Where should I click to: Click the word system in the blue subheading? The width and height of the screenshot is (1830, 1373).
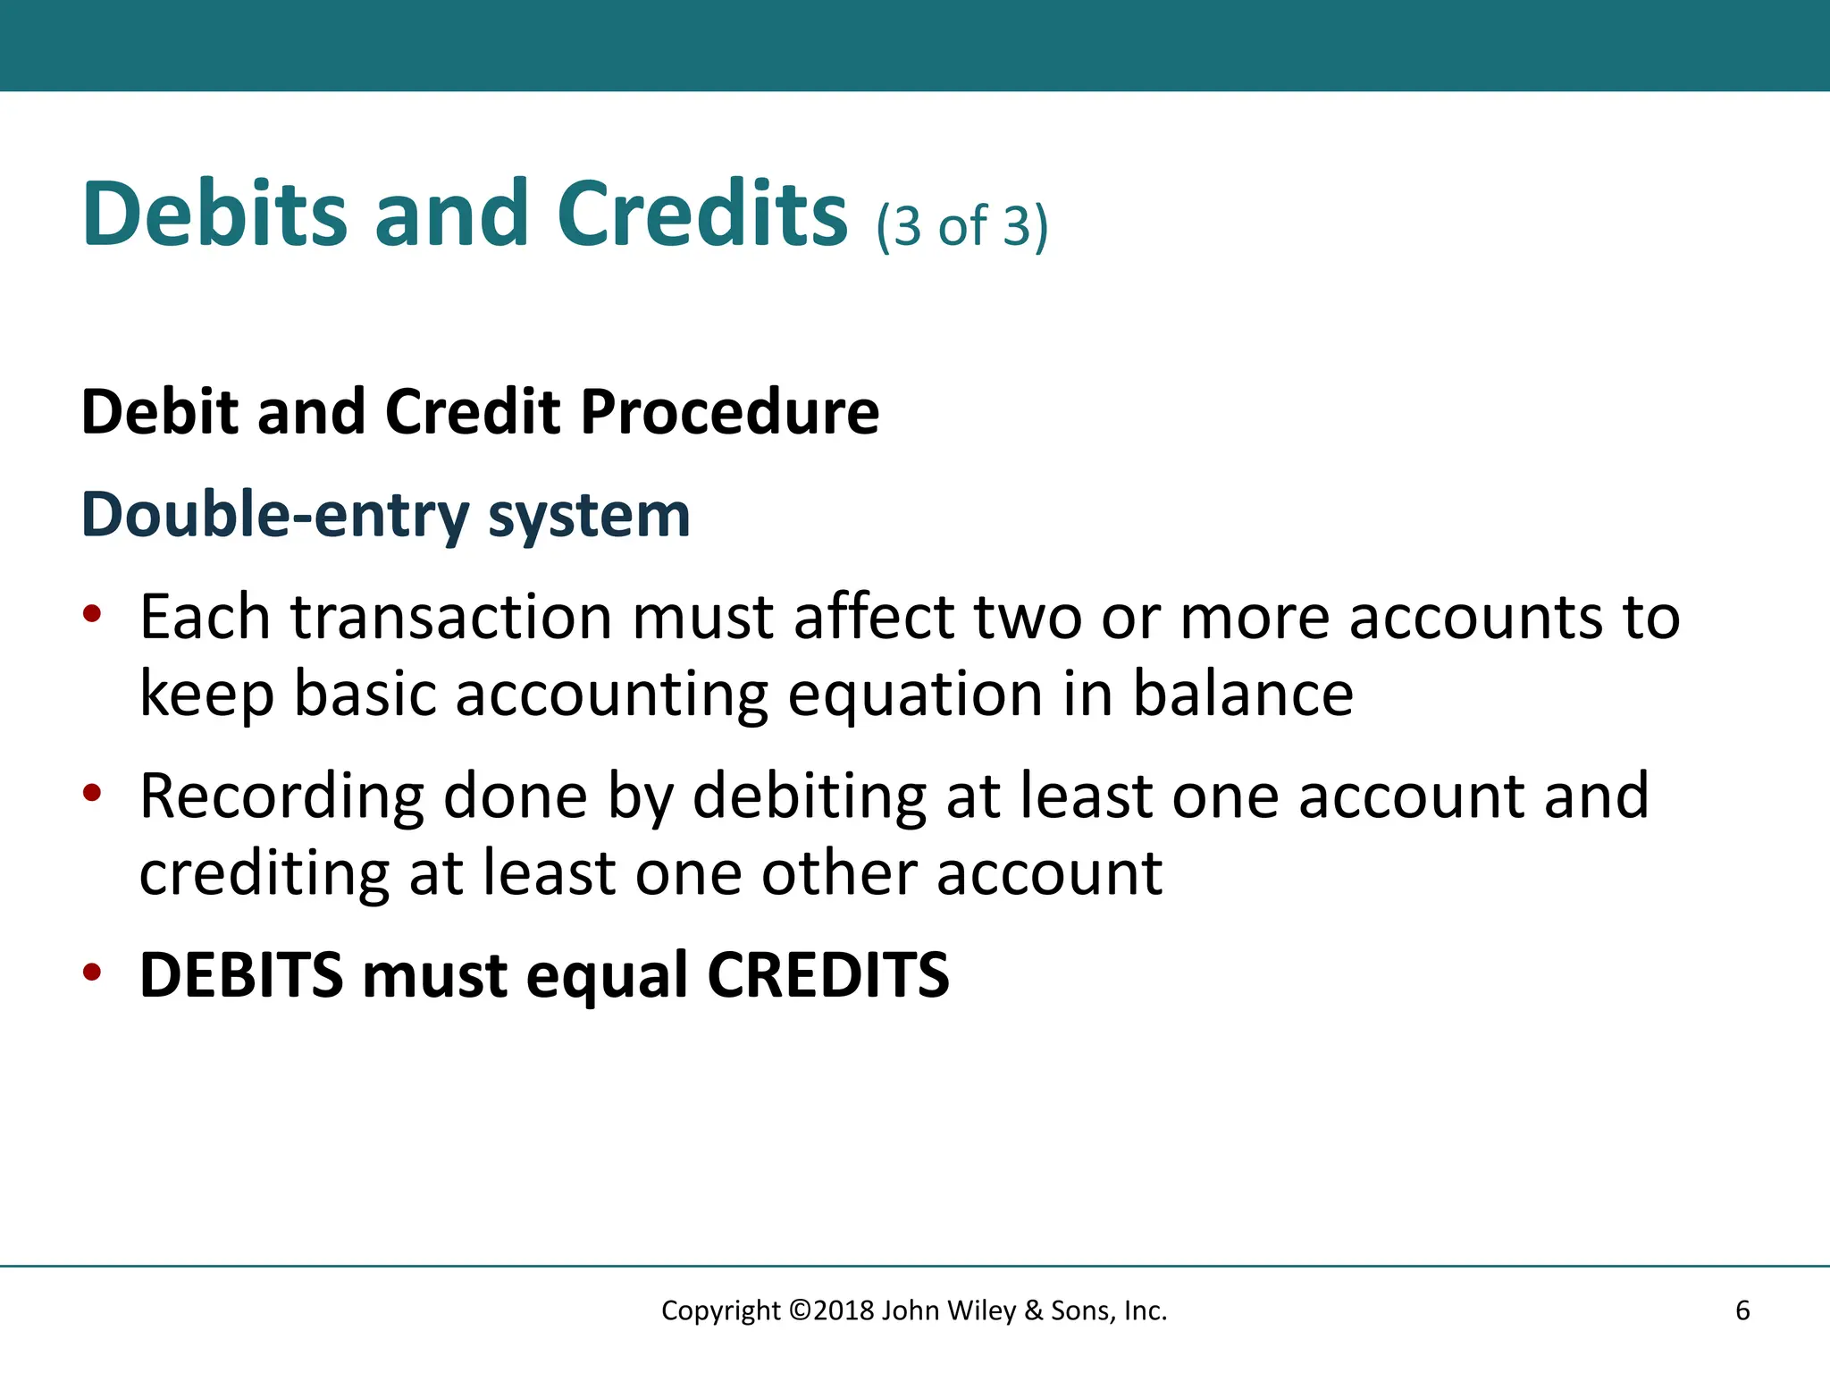click(x=589, y=517)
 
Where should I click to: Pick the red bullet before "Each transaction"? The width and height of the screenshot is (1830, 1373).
click(x=92, y=614)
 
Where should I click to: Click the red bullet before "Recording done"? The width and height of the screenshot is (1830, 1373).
click(x=92, y=793)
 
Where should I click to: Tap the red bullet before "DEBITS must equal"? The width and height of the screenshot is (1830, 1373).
click(x=92, y=972)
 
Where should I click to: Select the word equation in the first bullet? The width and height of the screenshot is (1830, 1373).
click(x=915, y=695)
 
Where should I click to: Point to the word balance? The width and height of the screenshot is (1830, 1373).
click(x=1243, y=695)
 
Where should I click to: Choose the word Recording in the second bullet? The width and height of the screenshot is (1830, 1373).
click(x=281, y=797)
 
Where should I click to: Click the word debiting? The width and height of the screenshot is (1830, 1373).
click(x=809, y=797)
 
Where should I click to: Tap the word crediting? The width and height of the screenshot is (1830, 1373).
click(x=264, y=874)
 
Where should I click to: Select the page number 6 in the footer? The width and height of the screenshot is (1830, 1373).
click(x=1742, y=1311)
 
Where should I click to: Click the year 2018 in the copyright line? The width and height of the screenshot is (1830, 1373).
click(x=844, y=1311)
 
